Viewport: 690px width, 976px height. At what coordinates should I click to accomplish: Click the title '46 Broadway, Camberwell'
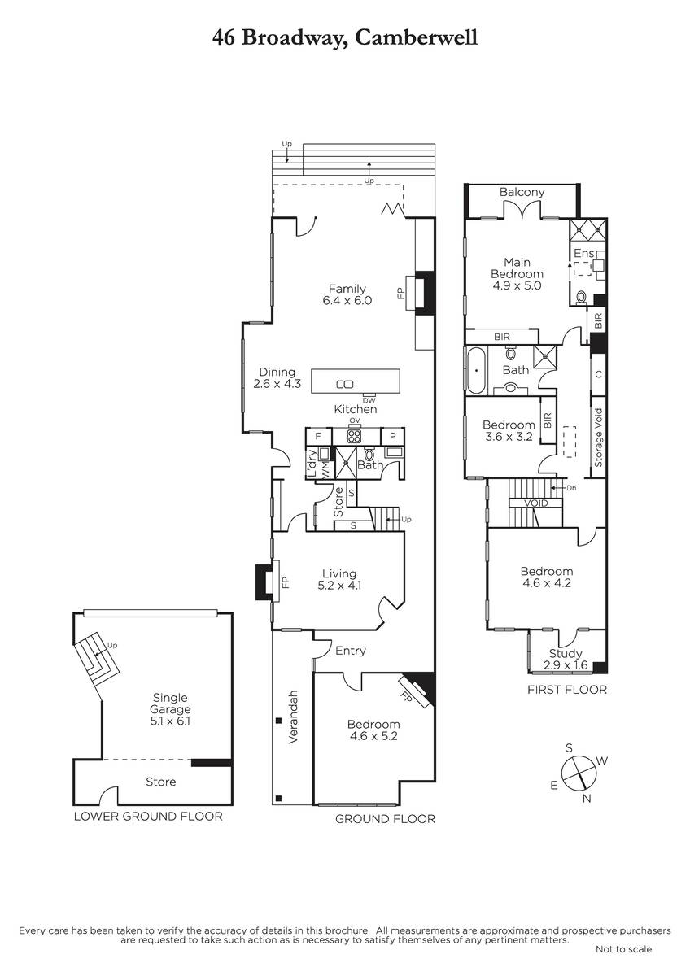pos(345,38)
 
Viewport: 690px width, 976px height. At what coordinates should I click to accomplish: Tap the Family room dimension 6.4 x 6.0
pos(347,300)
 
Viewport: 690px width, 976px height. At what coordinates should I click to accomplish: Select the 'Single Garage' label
pos(170,704)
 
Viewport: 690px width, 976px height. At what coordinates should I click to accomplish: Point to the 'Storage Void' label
pos(598,438)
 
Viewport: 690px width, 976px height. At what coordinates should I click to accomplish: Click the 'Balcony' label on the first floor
pos(522,192)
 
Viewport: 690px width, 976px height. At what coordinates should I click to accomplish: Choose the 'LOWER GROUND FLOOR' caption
pos(148,816)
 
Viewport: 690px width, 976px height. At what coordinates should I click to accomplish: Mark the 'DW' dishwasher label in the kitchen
pos(369,400)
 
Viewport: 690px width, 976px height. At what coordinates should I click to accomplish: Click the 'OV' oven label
pos(355,420)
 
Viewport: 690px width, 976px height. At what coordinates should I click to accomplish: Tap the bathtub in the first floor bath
pos(476,371)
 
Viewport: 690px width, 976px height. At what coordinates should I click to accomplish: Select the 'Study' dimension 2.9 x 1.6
pos(566,665)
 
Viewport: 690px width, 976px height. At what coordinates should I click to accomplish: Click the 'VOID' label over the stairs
pos(536,503)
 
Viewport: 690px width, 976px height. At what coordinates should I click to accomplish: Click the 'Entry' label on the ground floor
pos(351,651)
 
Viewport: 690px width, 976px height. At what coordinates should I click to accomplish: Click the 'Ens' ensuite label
pos(583,253)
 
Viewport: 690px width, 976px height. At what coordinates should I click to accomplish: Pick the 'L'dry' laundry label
pos(312,464)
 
